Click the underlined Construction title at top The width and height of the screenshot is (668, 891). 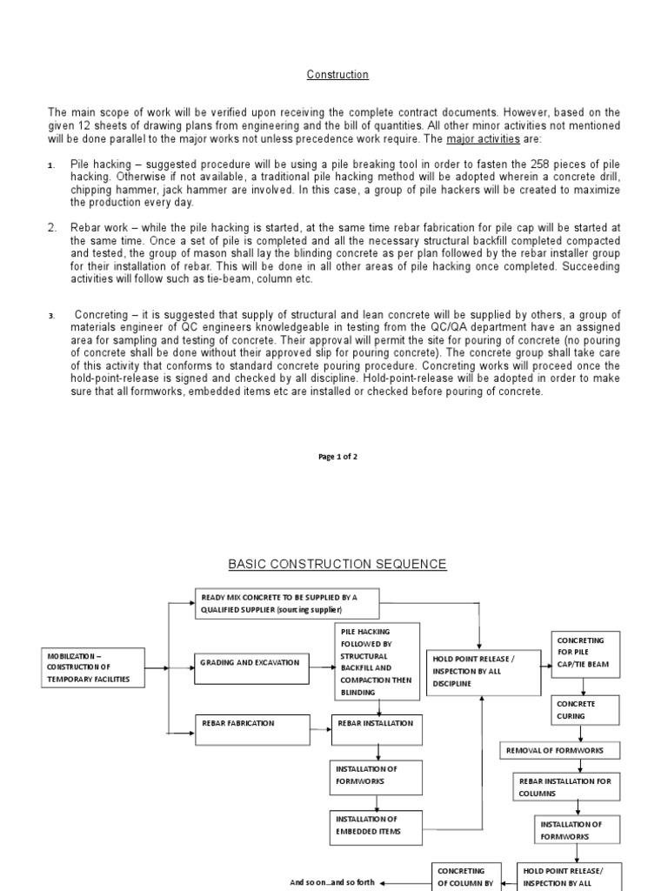tap(337, 75)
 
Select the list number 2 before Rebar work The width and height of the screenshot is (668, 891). tap(51, 228)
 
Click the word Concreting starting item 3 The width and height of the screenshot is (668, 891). tap(103, 314)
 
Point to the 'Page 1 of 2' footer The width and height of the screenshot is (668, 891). tap(337, 457)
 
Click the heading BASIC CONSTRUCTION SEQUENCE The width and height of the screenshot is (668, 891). tap(337, 565)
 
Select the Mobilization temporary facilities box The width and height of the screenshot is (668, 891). tap(92, 667)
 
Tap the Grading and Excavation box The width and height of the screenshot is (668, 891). tap(252, 663)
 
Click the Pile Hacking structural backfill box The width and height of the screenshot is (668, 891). tap(377, 661)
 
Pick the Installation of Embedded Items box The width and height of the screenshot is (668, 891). tap(376, 826)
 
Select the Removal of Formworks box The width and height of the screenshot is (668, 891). tap(561, 750)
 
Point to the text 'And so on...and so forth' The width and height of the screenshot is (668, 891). tap(332, 881)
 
